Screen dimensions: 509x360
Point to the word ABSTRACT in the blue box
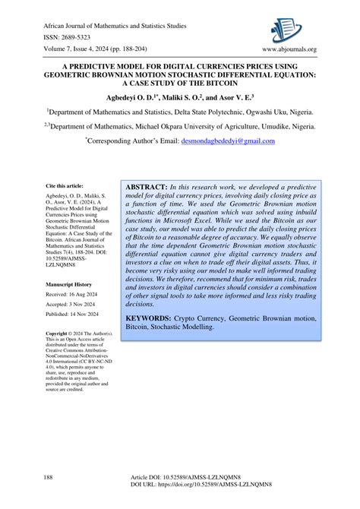click(146, 187)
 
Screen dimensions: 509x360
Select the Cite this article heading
click(65, 185)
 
